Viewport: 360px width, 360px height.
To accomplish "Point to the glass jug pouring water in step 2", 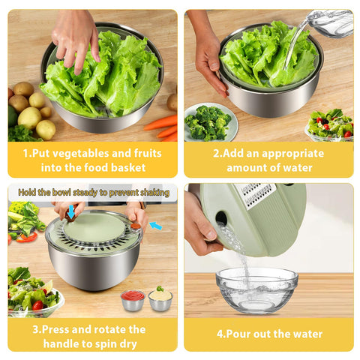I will coord(330,22).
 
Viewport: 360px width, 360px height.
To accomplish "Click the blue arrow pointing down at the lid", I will coord(70,213).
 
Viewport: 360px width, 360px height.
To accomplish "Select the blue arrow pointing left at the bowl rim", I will coord(155,225).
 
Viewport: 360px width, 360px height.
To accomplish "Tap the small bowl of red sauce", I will coord(132,299).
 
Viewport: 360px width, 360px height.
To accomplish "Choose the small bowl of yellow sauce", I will coord(160,299).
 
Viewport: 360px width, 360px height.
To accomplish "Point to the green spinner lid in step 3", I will coord(94,228).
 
